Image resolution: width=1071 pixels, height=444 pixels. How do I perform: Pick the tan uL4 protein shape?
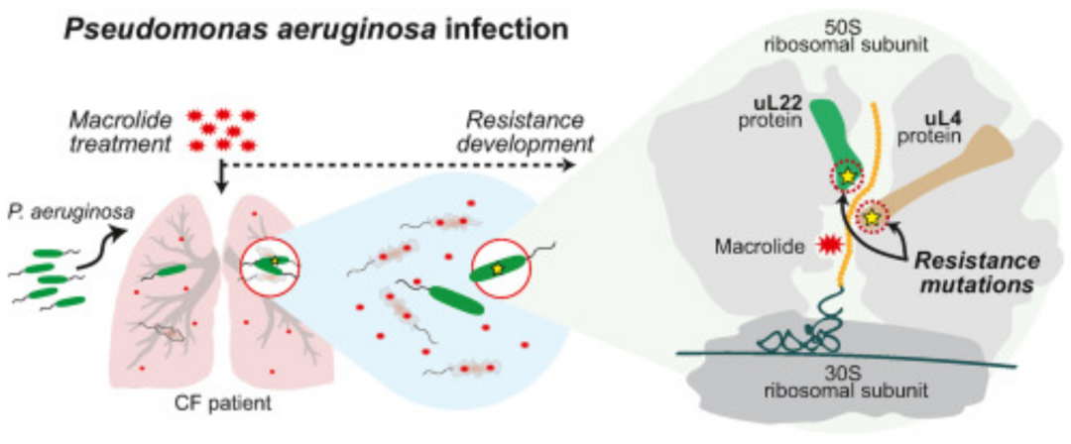[x=942, y=178]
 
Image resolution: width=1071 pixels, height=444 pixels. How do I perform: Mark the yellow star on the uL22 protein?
[x=847, y=176]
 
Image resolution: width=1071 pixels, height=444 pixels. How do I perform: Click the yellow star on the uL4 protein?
[x=872, y=215]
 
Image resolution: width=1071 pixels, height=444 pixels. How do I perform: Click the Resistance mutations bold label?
[x=977, y=272]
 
